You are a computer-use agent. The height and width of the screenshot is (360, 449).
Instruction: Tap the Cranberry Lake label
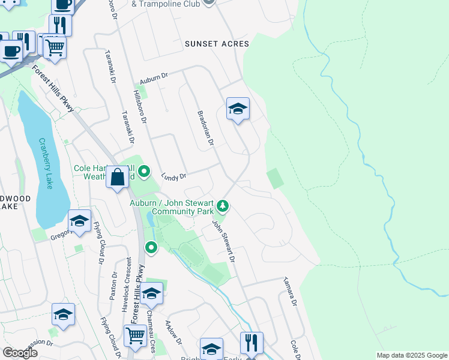[46, 163]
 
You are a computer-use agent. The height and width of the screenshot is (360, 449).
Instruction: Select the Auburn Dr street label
[154, 79]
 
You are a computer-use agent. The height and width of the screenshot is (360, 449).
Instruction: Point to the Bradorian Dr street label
[206, 128]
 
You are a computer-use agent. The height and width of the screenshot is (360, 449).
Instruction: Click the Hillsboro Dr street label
[139, 106]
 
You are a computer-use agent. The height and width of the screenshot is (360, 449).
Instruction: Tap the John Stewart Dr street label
[223, 241]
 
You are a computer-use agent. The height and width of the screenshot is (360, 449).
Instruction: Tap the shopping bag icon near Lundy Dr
[118, 177]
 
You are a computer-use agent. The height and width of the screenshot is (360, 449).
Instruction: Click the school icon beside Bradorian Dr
[238, 109]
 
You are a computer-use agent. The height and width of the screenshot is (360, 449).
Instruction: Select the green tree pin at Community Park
[223, 206]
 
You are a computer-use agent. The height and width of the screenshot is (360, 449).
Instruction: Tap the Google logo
[20, 353]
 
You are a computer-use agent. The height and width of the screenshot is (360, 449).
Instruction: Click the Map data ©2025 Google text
[411, 355]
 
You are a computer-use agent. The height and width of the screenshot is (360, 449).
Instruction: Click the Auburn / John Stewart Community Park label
[173, 207]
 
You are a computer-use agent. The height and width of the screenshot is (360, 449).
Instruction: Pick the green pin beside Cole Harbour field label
[144, 173]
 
